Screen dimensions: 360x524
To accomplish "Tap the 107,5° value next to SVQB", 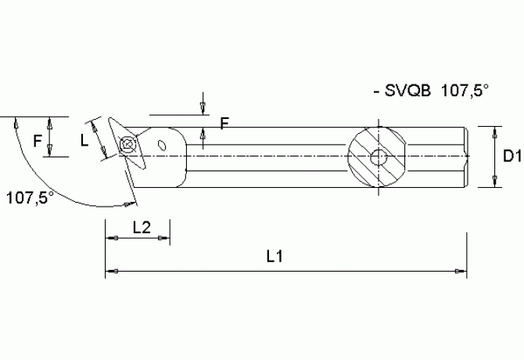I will (465, 92).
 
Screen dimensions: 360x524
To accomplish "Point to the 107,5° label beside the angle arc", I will (30, 196).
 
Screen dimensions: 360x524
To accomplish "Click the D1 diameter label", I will (512, 157).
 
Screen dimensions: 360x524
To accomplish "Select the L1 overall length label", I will (275, 255).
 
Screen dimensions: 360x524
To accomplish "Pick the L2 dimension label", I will (142, 228).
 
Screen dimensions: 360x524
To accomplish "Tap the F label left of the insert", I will (37, 141).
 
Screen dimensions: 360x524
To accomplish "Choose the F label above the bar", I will (224, 123).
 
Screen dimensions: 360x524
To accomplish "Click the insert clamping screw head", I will (127, 143).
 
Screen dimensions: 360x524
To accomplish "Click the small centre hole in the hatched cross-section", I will (378, 157).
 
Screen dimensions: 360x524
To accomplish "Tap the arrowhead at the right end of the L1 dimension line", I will (460, 272).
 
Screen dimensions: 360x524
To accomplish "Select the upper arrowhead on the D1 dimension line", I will (494, 131).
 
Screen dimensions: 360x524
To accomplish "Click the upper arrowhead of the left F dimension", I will (50, 122).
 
